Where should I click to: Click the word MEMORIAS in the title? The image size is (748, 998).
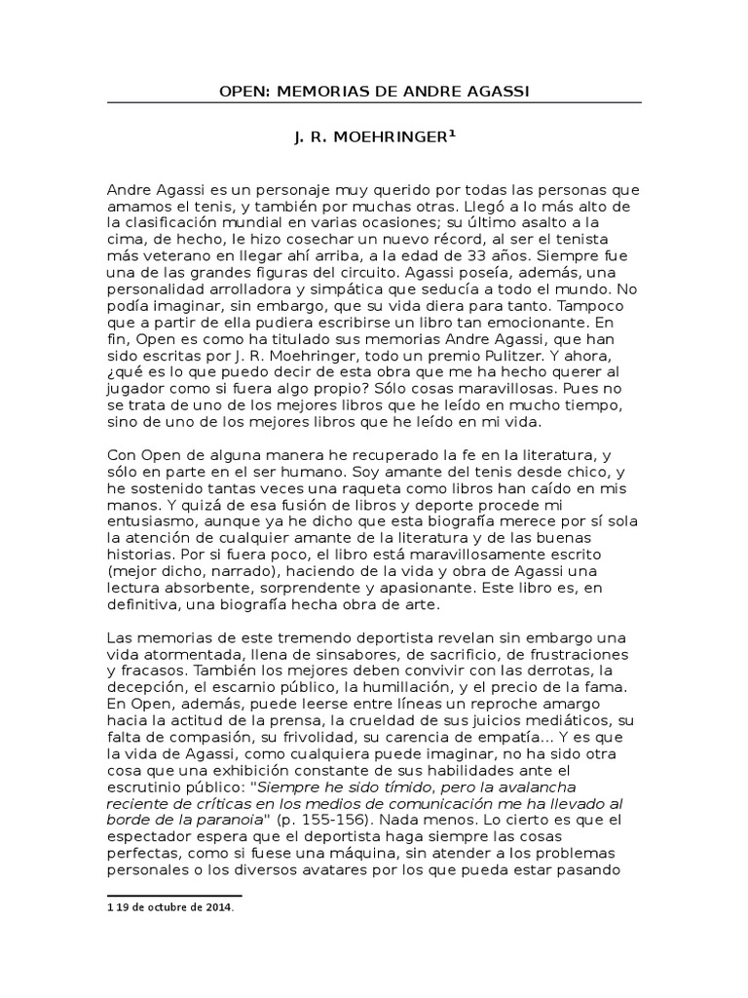pyautogui.click(x=318, y=93)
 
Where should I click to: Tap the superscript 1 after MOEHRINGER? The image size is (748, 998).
pyautogui.click(x=451, y=135)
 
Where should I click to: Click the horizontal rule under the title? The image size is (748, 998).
pyautogui.click(x=374, y=103)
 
